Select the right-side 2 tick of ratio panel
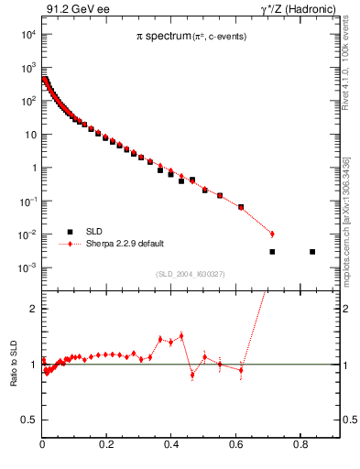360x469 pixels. click(348, 309)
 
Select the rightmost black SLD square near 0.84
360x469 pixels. click(312, 251)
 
